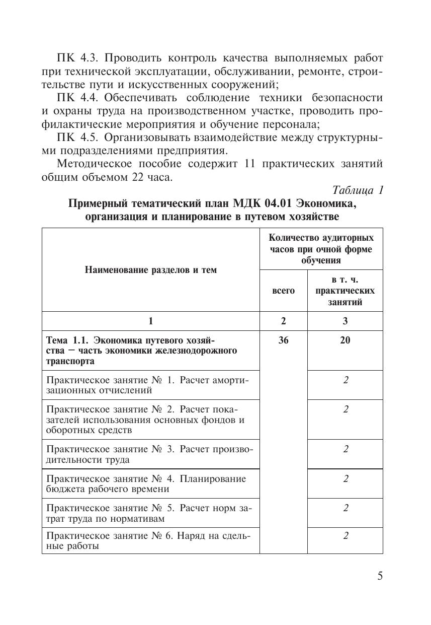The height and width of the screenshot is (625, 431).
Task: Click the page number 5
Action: click(x=380, y=576)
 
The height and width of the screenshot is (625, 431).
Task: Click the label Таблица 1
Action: click(x=358, y=190)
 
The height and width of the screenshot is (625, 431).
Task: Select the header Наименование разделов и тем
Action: click(x=151, y=270)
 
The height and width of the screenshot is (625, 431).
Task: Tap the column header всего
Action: click(x=283, y=291)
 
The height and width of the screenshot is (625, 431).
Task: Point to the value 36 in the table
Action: click(x=283, y=340)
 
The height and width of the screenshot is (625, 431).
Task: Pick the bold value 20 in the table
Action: click(x=345, y=340)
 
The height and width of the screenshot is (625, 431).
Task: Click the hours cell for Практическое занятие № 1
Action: click(x=346, y=380)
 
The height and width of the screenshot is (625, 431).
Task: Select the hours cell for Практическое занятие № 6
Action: click(x=346, y=535)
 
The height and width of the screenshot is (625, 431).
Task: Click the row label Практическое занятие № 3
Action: click(x=150, y=454)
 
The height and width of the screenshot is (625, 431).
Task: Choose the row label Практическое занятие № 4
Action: click(x=146, y=483)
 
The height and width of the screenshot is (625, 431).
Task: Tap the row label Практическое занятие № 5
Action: click(x=148, y=513)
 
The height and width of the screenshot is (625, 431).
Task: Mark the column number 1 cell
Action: click(x=150, y=321)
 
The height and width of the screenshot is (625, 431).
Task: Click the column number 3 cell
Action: click(x=345, y=321)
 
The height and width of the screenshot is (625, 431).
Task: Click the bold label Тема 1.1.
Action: click(x=68, y=340)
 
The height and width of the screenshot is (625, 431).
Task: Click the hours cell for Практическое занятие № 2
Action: click(x=346, y=409)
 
